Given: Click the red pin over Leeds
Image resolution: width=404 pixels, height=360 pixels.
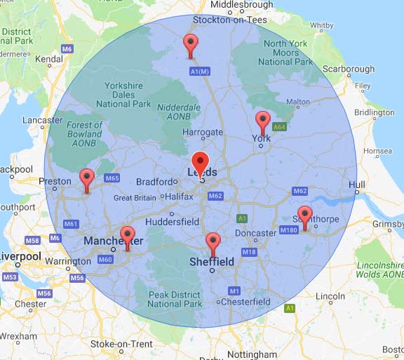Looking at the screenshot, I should coord(200,163).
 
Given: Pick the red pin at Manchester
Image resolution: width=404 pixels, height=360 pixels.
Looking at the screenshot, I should coord(127,236).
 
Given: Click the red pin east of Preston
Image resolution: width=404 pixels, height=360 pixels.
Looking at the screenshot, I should coord(87,178).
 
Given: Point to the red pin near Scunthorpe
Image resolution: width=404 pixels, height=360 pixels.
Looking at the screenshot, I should coord(304,215).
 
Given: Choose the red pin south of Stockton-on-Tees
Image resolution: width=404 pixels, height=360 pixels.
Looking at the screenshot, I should coord(190,44).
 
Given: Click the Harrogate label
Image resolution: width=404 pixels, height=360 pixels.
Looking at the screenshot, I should coord(202,132).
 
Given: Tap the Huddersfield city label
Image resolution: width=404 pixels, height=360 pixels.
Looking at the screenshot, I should coord(173,221).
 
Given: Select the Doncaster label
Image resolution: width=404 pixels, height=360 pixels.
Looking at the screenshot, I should coord(255,233).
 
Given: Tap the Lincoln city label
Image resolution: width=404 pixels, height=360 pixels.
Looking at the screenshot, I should coord(330,297).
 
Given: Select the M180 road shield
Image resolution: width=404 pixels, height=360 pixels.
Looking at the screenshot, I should coord(288,230).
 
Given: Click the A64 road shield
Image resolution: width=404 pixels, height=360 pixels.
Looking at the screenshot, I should coord(279,127).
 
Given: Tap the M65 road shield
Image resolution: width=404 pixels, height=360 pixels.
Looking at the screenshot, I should coord(112,178).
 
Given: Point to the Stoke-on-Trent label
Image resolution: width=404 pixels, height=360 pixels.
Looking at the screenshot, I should coord(121,344).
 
